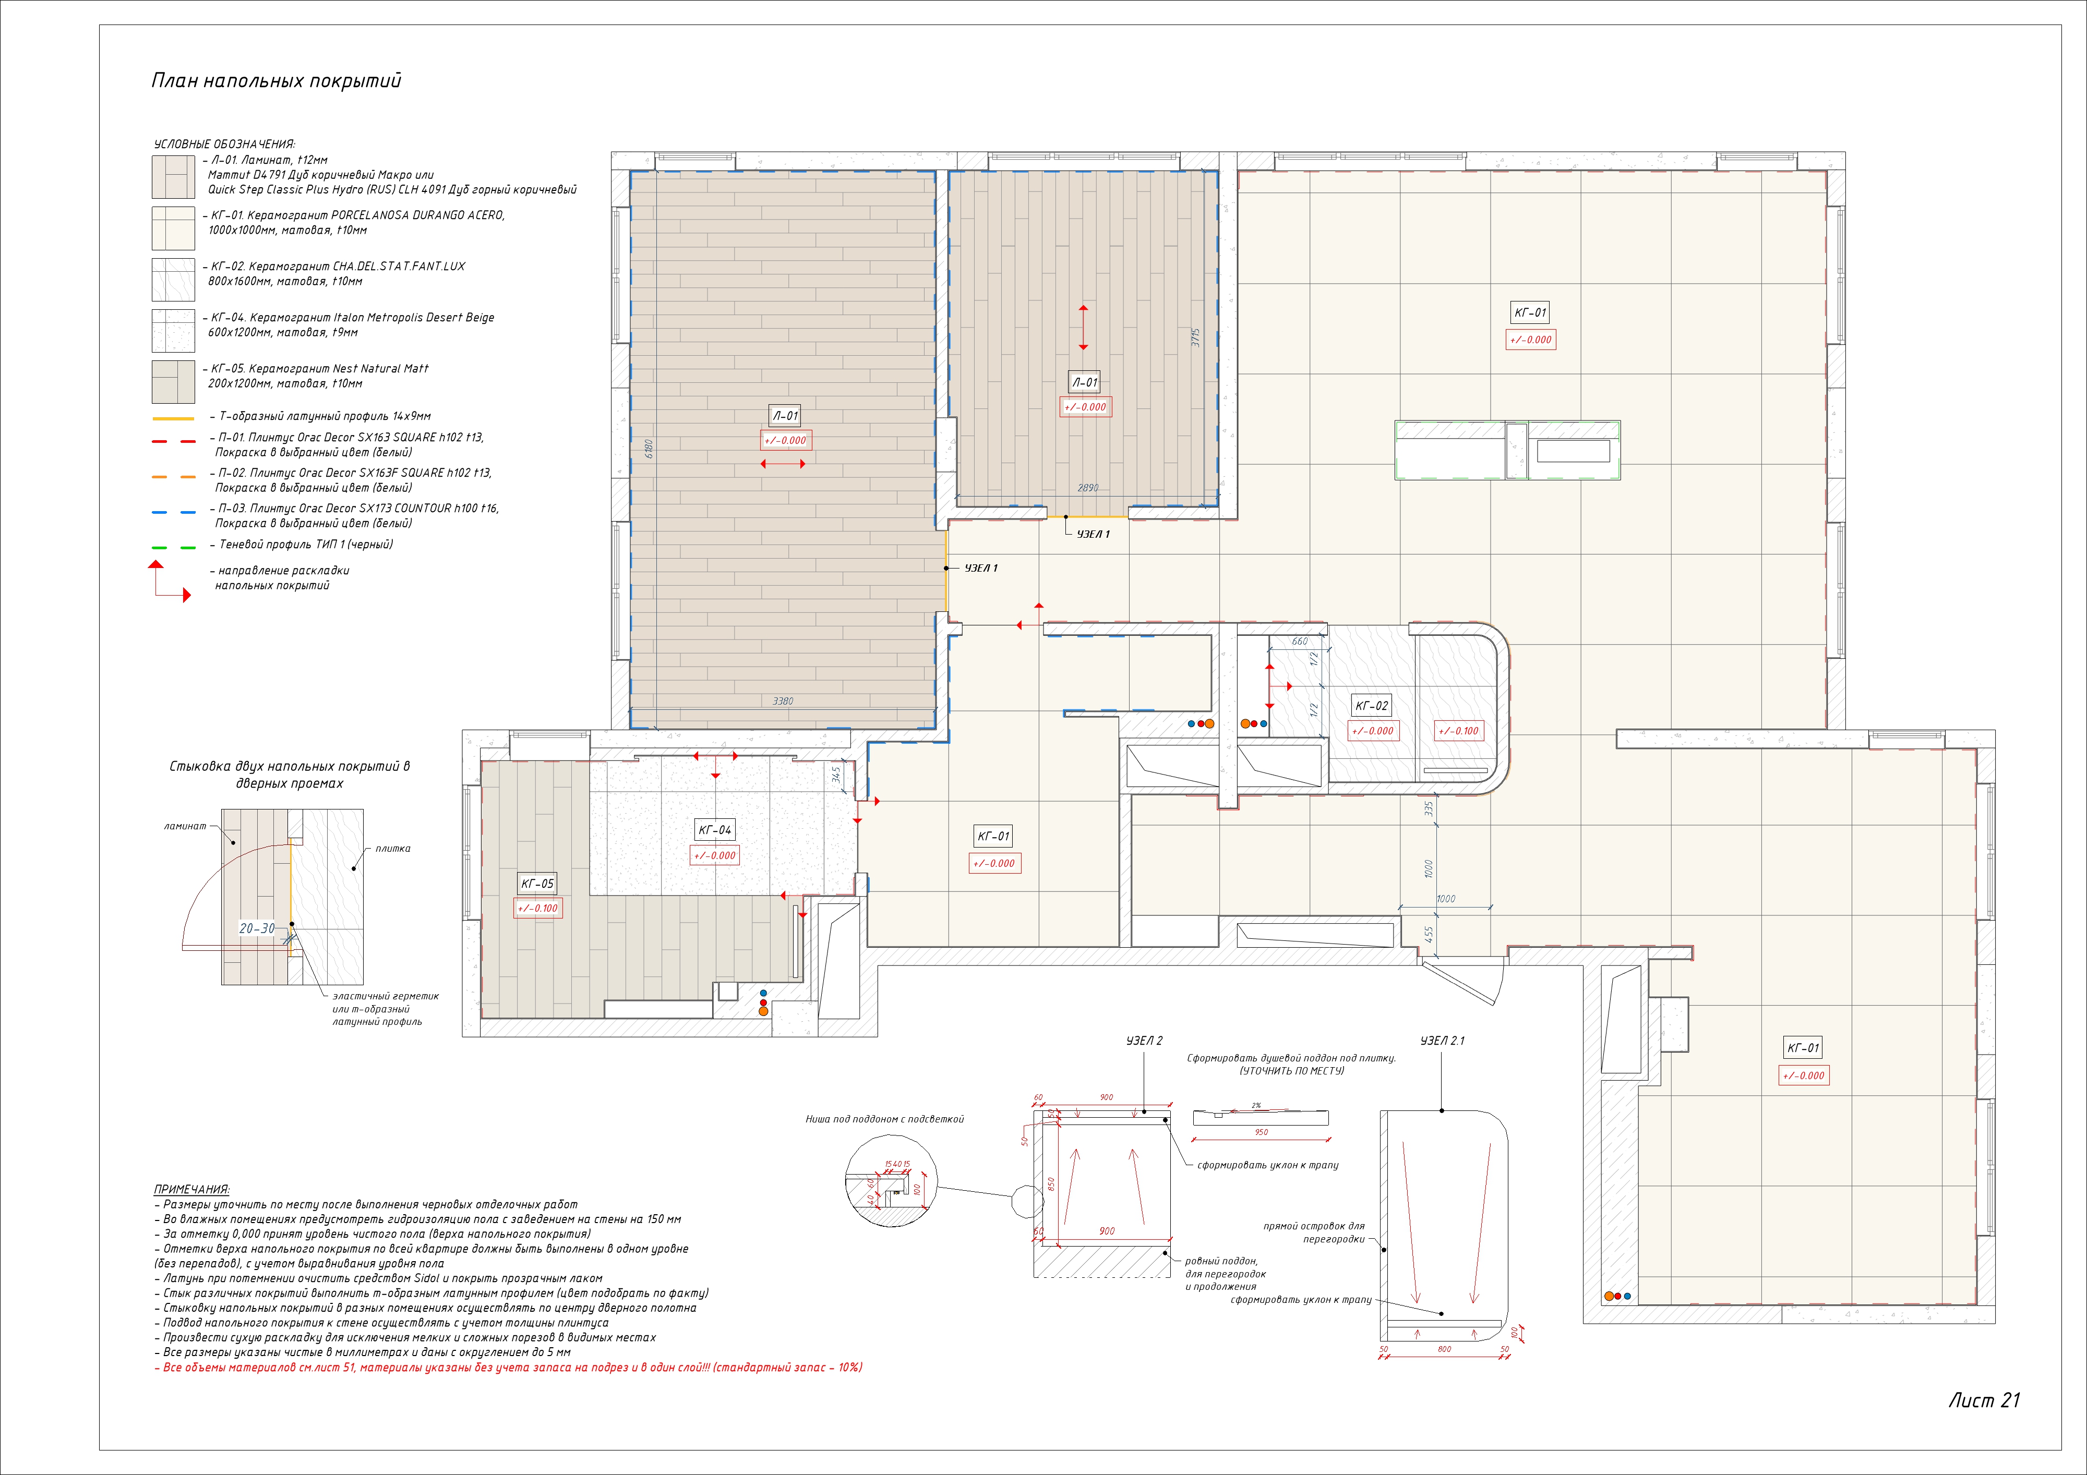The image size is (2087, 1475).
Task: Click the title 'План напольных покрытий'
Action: coord(275,81)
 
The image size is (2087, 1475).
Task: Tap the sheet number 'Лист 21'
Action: coord(1983,1400)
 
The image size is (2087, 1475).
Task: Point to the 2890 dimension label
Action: coord(1087,488)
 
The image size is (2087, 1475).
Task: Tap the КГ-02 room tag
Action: coord(1372,705)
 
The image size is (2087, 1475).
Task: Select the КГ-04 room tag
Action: coord(714,830)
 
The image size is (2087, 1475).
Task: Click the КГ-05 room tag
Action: coord(537,884)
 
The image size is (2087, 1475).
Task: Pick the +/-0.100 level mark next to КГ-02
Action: coord(1458,731)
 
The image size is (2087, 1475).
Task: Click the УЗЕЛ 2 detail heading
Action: coord(1144,1041)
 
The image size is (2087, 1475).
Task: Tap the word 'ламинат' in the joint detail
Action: coord(185,826)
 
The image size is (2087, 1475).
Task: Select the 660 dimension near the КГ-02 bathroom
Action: coord(1300,642)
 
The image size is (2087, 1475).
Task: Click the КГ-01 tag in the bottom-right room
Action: coord(1803,1048)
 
